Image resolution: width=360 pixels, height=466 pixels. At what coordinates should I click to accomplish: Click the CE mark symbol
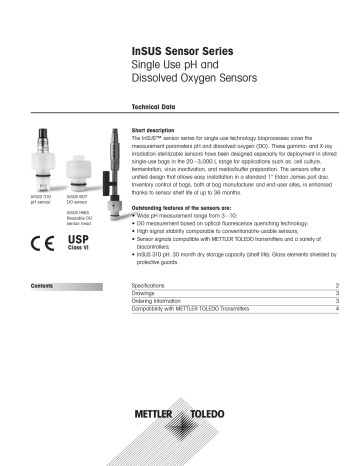44,244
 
